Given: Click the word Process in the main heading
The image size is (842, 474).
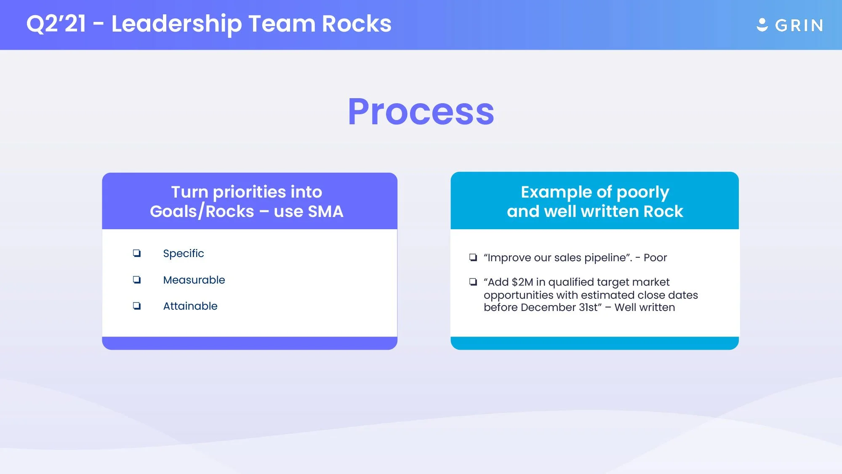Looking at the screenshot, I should [x=421, y=112].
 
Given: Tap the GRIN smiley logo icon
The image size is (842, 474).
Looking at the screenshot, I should [x=762, y=25].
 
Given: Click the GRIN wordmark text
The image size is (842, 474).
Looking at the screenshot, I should [x=799, y=26].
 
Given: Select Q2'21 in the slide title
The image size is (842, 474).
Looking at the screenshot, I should [x=56, y=24].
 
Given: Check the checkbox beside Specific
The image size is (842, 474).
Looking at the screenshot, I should [x=137, y=253].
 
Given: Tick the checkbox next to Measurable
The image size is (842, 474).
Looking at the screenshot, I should [x=137, y=280].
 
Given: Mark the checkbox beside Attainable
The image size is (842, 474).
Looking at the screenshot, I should [x=137, y=306].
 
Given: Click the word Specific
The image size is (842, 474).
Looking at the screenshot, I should [x=183, y=253].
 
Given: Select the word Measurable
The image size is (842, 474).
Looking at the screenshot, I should [x=194, y=280].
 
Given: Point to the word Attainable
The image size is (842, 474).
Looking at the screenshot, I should [x=190, y=306].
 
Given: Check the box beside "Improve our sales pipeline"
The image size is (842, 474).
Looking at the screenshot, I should [x=473, y=257].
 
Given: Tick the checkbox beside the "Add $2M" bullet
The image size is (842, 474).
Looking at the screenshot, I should [x=473, y=282].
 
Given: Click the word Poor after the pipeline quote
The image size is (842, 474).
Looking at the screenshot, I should [x=655, y=257].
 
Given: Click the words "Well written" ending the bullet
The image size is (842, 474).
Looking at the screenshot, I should [x=645, y=308].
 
